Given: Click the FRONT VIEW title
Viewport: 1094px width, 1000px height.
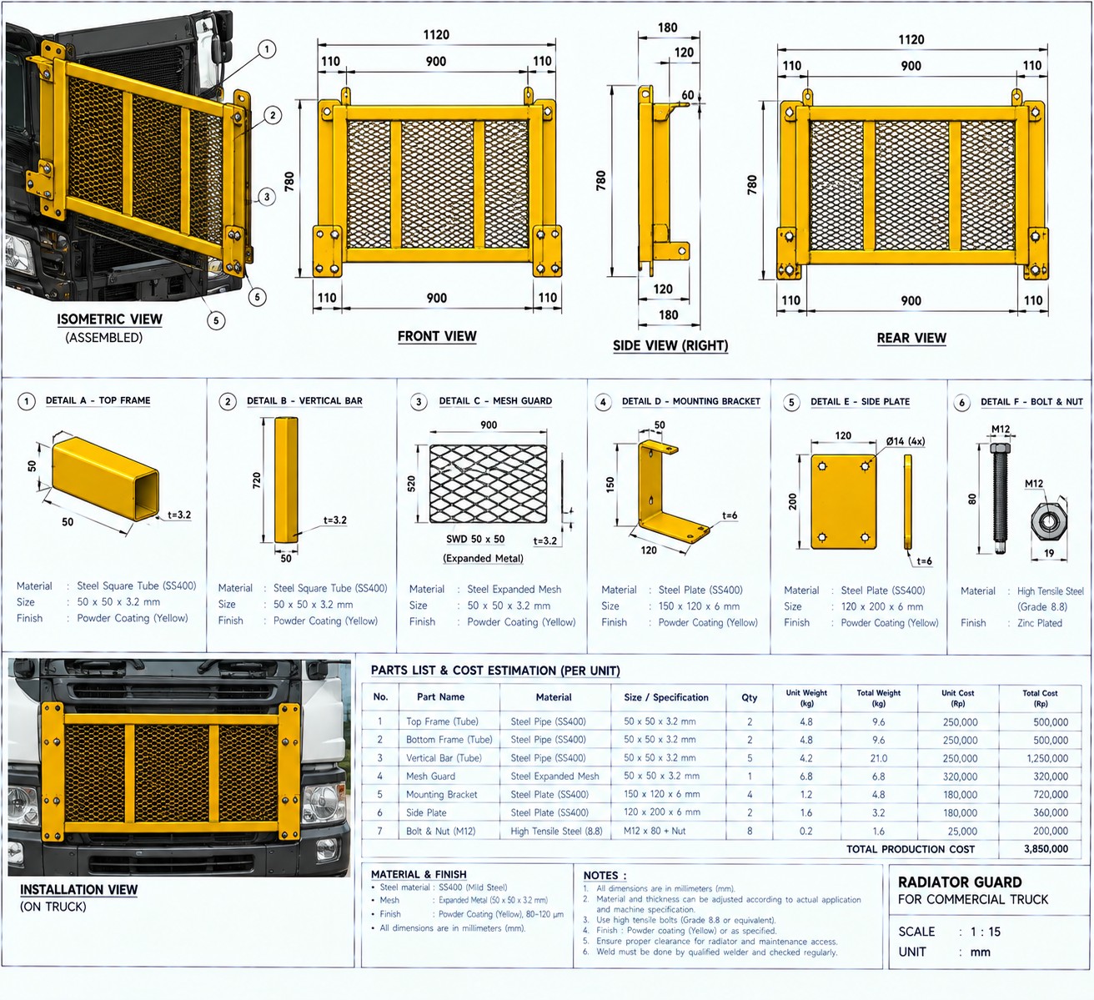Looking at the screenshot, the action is tap(437, 336).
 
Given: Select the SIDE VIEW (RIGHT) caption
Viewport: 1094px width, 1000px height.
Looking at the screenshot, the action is tap(670, 345).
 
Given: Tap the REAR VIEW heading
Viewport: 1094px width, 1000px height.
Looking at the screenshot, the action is tap(911, 339).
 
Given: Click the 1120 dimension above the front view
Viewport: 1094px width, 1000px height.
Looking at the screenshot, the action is tap(436, 35).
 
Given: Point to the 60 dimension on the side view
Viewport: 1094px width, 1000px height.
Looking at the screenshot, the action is tap(688, 95).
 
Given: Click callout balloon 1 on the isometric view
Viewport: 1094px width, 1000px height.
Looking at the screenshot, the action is tap(267, 50).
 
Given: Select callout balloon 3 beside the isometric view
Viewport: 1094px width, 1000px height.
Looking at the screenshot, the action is tap(267, 197).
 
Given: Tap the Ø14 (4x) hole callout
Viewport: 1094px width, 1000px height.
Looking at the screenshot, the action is tap(906, 441).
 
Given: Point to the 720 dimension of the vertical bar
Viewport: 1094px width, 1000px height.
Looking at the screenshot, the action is tap(257, 480).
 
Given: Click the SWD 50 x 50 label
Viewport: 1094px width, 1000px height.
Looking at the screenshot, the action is tap(475, 539).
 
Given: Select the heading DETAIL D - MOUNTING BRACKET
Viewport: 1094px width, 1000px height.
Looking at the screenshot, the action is tap(691, 401).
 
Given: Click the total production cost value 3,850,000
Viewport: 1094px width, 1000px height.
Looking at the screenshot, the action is tap(1046, 849).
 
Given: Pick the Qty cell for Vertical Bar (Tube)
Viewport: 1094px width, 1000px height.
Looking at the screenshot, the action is tap(750, 758).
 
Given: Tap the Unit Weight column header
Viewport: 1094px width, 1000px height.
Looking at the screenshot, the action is tap(806, 698).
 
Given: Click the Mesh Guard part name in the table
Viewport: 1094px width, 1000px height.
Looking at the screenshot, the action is tap(430, 776).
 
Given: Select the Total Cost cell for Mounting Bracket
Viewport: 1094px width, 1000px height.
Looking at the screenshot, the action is tap(1051, 794).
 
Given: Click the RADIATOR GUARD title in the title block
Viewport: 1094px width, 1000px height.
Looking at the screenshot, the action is tap(960, 882).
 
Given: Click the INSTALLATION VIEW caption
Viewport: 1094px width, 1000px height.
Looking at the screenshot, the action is tap(78, 889).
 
